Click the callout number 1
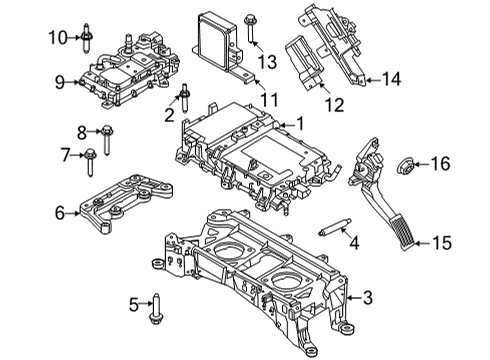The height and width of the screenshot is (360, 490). tap(298, 124)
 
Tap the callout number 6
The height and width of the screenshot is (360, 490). tap(59, 212)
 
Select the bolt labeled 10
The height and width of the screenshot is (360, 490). tap(88, 38)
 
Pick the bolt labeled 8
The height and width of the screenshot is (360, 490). tap(106, 131)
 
